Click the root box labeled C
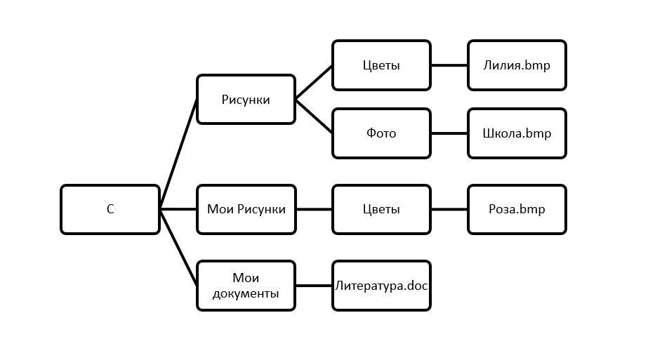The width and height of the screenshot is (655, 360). click(x=110, y=209)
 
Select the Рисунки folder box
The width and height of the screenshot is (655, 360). click(x=246, y=100)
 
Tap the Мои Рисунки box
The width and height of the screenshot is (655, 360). click(x=246, y=209)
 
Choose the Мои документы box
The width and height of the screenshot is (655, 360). click(x=246, y=286)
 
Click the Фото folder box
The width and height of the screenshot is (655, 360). click(x=381, y=133)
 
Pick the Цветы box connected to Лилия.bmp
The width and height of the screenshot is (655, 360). click(x=381, y=65)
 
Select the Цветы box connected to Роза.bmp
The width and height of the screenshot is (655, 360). click(x=381, y=209)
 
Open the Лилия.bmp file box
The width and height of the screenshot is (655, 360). click(x=517, y=65)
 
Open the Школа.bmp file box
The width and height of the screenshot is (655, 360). click(x=517, y=133)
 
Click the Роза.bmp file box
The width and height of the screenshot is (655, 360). click(x=517, y=209)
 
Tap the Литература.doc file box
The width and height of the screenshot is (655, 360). click(x=381, y=286)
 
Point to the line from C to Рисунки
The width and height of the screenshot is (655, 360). click(x=178, y=154)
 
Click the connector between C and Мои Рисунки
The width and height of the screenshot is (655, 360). click(x=178, y=209)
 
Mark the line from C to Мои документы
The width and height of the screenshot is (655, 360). click(x=178, y=247)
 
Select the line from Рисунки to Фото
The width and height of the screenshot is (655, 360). click(x=314, y=116)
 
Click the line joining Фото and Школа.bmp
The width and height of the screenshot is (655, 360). click(x=449, y=133)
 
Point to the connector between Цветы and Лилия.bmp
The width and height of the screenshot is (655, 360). click(x=449, y=65)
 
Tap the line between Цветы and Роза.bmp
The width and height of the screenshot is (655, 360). click(x=449, y=209)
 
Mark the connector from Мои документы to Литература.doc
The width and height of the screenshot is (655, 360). click(x=314, y=286)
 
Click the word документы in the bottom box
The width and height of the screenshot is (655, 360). click(x=246, y=293)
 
